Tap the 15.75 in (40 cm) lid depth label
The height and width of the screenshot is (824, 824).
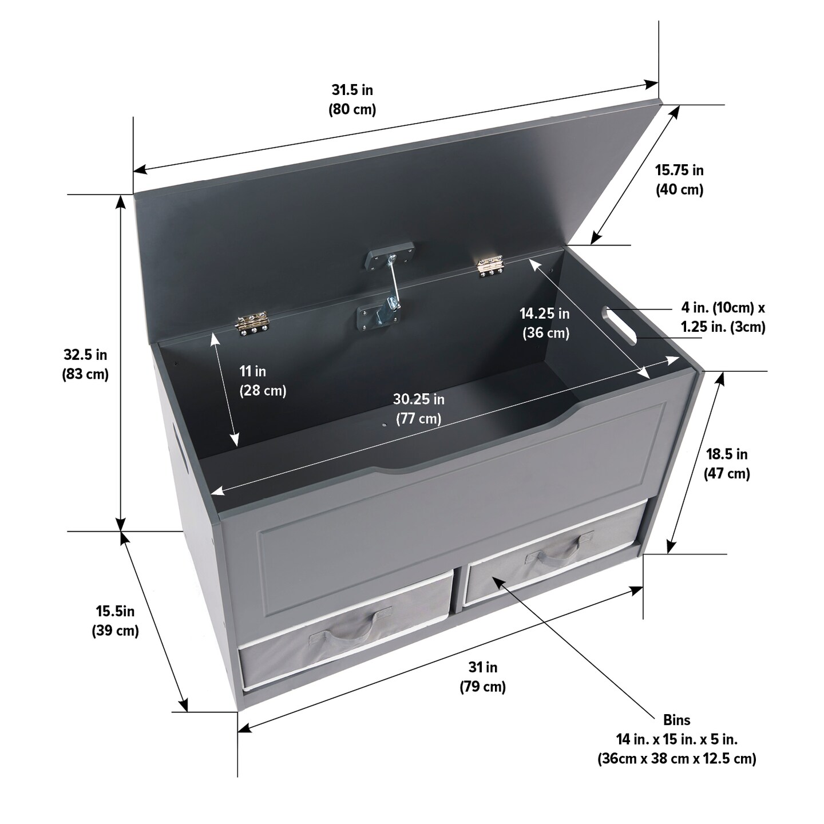(679, 180)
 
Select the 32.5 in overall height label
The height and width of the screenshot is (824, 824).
(85, 365)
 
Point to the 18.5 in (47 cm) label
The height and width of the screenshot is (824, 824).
(727, 464)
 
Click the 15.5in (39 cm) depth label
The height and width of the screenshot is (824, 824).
(116, 621)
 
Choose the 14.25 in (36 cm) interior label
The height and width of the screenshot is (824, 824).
(545, 323)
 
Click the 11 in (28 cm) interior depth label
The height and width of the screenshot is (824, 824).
(263, 381)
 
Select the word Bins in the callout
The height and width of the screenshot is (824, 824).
(677, 720)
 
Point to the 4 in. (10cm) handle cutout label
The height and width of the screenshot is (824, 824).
(723, 307)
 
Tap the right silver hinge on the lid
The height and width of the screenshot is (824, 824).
(490, 265)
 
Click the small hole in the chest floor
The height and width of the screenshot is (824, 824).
(385, 425)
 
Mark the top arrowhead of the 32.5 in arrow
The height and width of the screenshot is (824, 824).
(121, 202)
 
